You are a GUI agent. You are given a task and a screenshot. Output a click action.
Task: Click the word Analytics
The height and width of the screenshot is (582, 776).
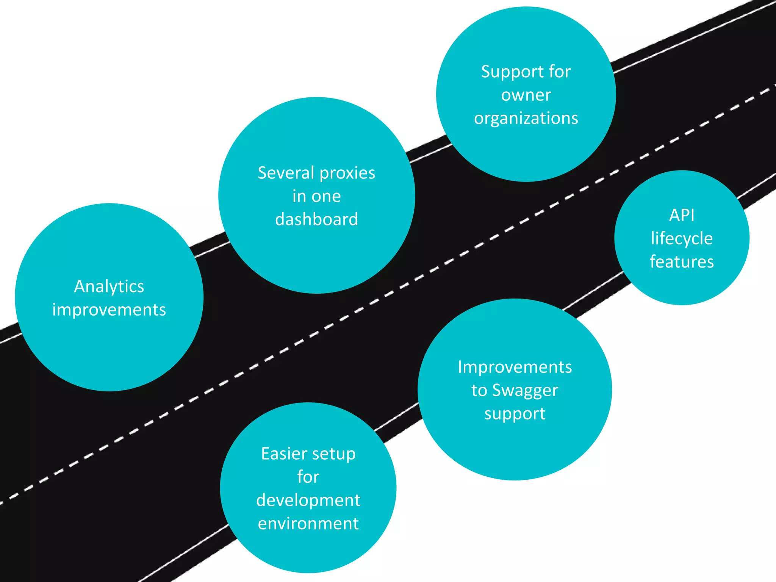point(109,287)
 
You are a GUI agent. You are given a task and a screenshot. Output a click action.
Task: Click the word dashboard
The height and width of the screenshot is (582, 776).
point(316,219)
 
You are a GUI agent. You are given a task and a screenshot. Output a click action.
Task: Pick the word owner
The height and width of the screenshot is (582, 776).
point(526,95)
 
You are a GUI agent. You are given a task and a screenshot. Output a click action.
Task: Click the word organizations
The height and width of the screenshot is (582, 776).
point(526,119)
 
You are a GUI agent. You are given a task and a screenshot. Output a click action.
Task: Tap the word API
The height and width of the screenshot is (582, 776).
point(682,215)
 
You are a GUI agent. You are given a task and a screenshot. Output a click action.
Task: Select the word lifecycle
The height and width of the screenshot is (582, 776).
point(682,239)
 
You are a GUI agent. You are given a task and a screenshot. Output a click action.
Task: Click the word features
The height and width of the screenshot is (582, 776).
point(682,262)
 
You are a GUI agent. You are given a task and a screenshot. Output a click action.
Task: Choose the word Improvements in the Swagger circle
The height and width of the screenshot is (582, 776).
point(515,367)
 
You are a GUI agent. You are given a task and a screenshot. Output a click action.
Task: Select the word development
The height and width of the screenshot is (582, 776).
point(308,501)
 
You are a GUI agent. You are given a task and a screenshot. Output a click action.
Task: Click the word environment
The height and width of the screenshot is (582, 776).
point(308,524)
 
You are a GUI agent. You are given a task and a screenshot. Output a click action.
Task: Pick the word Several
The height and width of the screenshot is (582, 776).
point(286,173)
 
